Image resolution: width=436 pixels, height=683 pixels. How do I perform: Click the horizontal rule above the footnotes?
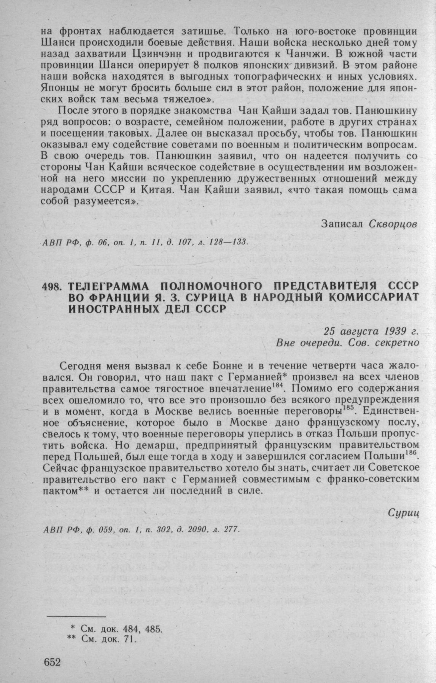click(x=76, y=616)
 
